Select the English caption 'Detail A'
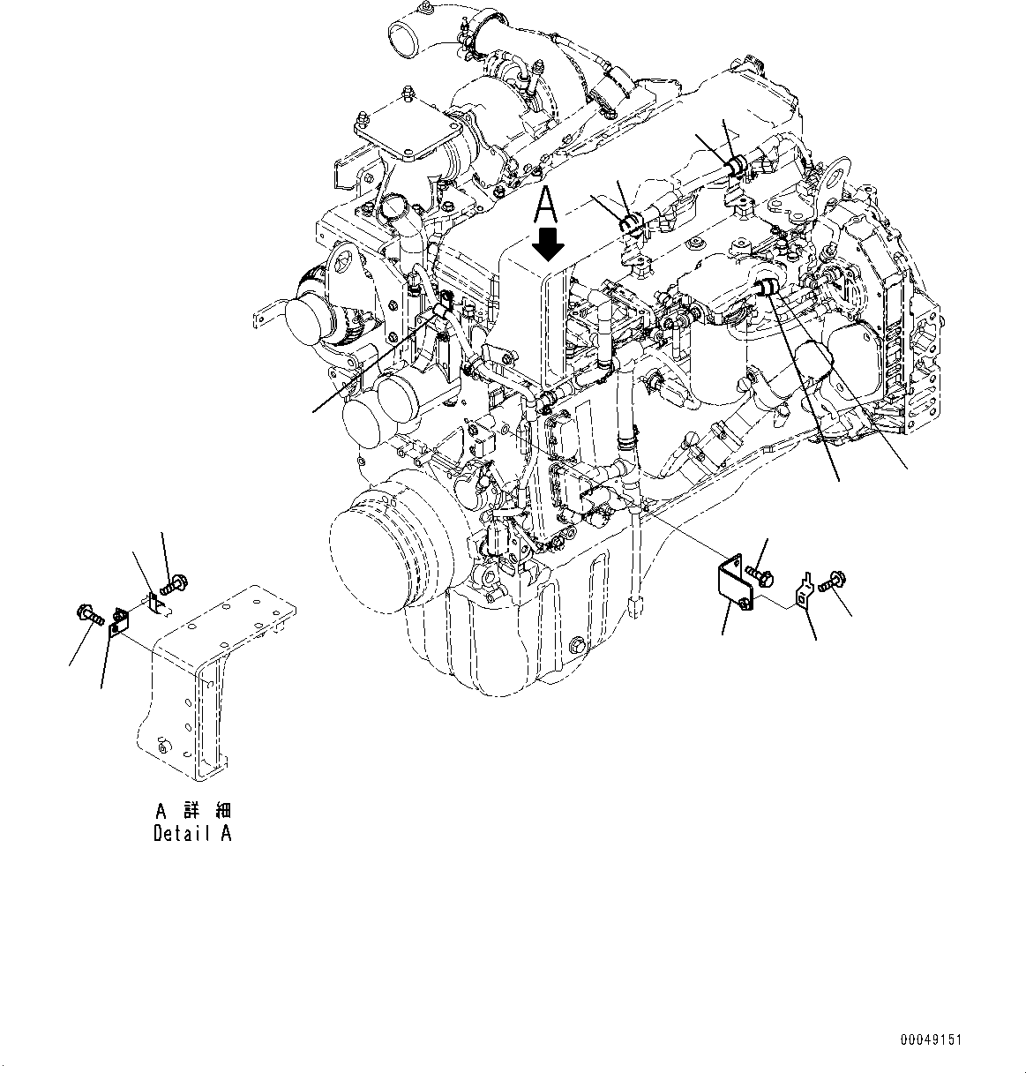click(191, 833)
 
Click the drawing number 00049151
click(929, 1040)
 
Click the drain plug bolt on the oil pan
click(577, 643)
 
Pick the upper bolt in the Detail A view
click(171, 582)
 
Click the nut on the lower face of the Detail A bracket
click(161, 748)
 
